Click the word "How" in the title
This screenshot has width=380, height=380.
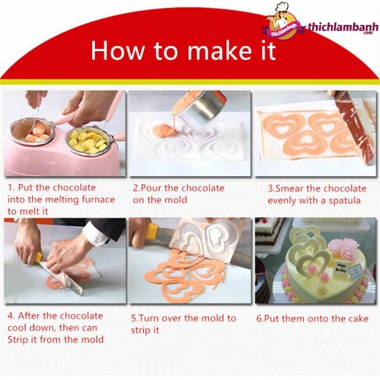pyautogui.click(x=117, y=50)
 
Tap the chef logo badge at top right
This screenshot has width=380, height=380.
pyautogui.click(x=283, y=22)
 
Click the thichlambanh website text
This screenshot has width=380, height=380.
pyautogui.click(x=343, y=27)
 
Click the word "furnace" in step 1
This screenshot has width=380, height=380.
pyautogui.click(x=98, y=199)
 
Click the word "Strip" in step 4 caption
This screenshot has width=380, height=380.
pyautogui.click(x=18, y=340)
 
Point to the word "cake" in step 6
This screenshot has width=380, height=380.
pyautogui.click(x=357, y=319)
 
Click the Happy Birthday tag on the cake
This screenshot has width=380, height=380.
pyautogui.click(x=341, y=268)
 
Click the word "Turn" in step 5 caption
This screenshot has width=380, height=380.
pyautogui.click(x=149, y=318)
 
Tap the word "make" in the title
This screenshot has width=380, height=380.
pyautogui.click(x=220, y=50)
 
